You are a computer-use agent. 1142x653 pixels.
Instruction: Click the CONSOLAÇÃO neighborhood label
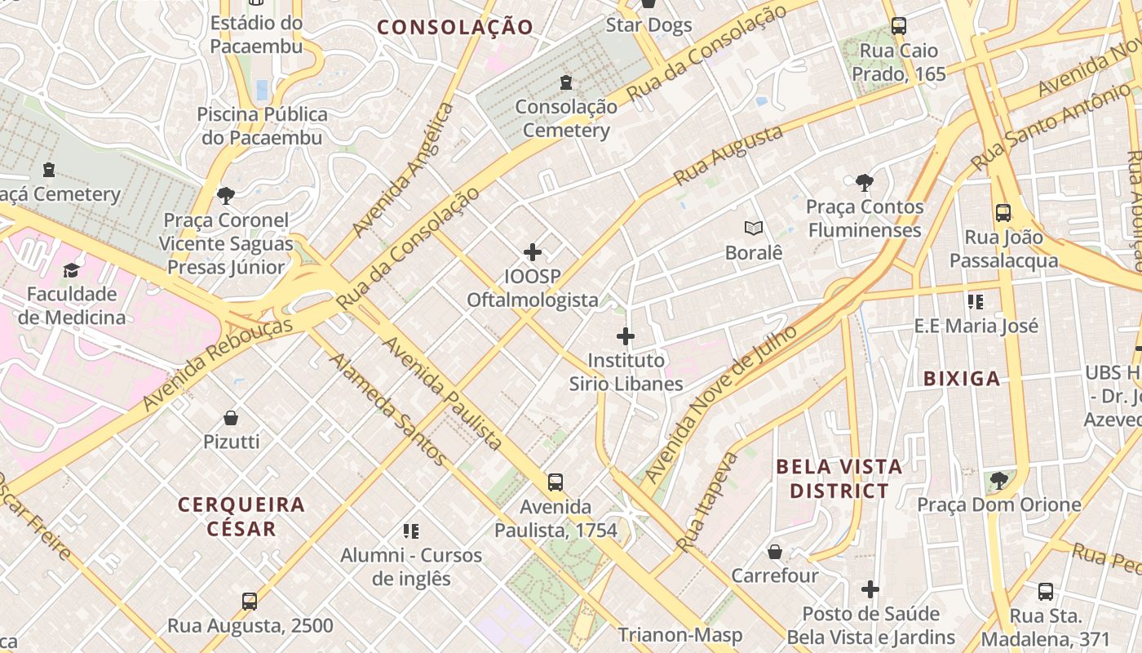pos(455,28)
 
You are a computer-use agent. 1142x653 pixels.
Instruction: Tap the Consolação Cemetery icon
pos(566,82)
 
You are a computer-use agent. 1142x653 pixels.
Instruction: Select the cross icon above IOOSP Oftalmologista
pos(533,252)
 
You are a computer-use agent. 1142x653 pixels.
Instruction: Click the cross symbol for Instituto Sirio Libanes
pos(626,336)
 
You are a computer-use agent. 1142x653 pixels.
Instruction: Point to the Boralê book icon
pos(753,229)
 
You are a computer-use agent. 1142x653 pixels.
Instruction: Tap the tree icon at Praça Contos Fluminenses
pos(865,183)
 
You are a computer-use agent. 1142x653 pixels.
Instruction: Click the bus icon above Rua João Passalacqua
pos(1003,213)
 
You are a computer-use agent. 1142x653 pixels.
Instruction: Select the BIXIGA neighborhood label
pos(962,379)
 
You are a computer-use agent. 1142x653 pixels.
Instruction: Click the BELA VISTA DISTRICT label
pos(839,479)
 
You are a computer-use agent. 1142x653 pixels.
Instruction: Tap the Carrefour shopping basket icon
pos(774,553)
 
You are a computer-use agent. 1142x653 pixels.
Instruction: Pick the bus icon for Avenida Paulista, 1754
pos(556,482)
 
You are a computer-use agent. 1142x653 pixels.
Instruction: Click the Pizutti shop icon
pos(231,418)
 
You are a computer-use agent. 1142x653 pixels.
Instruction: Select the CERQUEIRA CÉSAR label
pos(241,517)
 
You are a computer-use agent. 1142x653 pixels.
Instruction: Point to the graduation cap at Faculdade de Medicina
pos(72,270)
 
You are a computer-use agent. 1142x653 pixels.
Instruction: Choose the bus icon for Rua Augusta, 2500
pos(250,602)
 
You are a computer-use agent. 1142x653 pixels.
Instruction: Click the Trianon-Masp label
pos(679,635)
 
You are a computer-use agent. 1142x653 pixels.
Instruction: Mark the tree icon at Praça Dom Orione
pos(999,481)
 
